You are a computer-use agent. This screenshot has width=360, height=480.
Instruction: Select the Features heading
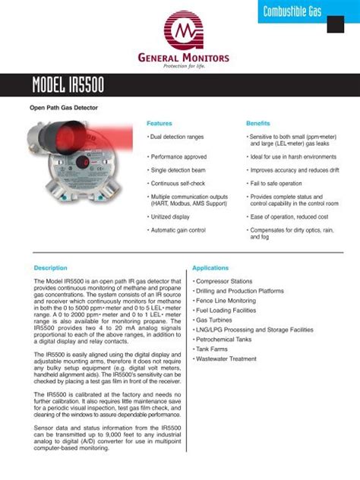(159, 122)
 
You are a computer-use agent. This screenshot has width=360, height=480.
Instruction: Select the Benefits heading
(259, 122)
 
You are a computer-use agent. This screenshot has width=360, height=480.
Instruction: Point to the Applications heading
(210, 268)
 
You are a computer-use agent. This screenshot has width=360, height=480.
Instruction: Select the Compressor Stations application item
(226, 281)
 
